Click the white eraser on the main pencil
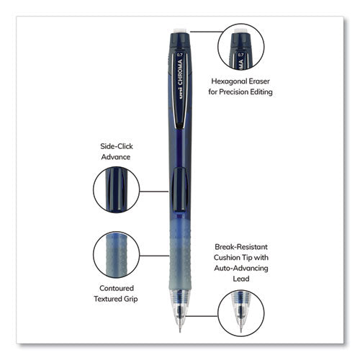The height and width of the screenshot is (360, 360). tap(180, 31)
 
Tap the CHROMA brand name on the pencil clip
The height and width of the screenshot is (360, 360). tap(181, 73)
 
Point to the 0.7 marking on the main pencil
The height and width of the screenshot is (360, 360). tap(180, 55)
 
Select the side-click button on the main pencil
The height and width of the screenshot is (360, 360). tap(180, 189)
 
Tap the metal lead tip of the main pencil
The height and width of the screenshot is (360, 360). tap(180, 327)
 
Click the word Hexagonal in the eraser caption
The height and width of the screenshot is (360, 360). tap(226, 81)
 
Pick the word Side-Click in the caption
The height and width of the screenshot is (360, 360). tap(117, 146)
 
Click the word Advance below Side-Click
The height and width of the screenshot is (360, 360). tap(116, 157)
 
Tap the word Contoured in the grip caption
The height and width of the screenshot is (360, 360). tap(117, 288)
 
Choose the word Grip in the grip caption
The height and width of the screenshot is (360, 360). tap(131, 300)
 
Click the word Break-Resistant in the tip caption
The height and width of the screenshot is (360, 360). tap(241, 247)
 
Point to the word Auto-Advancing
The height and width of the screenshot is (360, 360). tap(241, 268)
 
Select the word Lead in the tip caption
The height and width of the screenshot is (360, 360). tap(241, 279)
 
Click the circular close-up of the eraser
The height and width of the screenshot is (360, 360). tap(241, 47)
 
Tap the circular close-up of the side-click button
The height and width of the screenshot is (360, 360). tap(117, 189)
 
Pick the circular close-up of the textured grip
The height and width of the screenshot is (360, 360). tap(117, 255)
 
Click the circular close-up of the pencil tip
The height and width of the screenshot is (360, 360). tap(241, 313)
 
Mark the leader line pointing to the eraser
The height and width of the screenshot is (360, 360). tap(207, 32)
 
